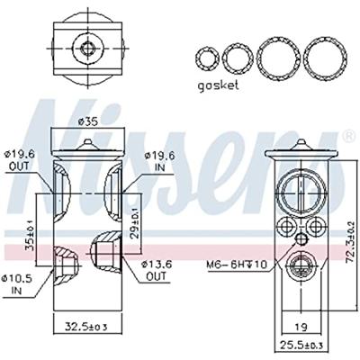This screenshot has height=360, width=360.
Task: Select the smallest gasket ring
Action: pos(208,58)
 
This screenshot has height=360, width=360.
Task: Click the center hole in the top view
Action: pos(87,47)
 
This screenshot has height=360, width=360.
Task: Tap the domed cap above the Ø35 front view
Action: pos(87,139)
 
